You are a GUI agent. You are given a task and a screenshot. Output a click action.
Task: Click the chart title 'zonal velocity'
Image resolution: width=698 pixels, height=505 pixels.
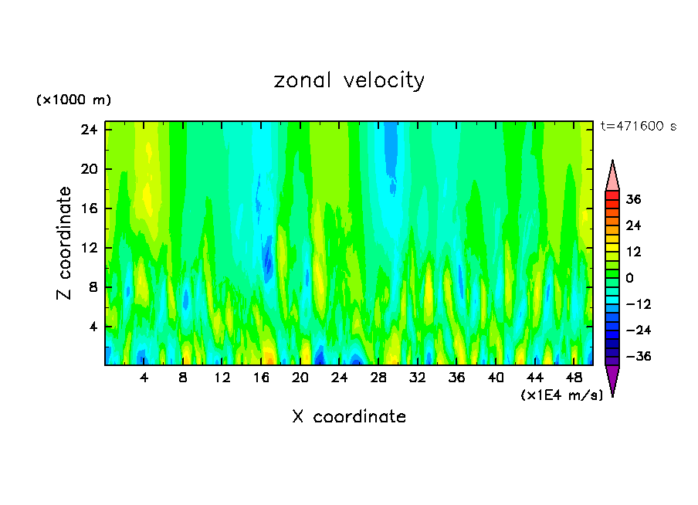click(x=349, y=80)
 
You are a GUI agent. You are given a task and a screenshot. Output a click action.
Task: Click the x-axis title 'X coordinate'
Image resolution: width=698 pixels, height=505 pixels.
click(x=349, y=417)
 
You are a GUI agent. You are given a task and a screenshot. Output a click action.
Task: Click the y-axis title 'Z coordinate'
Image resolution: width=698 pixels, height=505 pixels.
click(x=65, y=243)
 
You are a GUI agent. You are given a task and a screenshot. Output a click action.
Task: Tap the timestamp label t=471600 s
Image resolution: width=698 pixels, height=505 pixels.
click(x=638, y=127)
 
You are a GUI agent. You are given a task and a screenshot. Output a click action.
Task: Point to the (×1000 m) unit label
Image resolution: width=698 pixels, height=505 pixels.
click(x=74, y=100)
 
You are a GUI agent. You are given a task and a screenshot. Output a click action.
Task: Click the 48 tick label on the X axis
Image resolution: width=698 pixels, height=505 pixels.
click(x=574, y=378)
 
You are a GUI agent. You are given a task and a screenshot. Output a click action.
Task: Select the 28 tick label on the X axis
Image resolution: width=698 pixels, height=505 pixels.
click(x=378, y=378)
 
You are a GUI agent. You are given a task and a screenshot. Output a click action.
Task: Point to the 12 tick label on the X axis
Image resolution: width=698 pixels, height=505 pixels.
click(x=222, y=378)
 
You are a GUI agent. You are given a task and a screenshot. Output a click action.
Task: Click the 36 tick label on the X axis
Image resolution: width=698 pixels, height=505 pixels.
click(x=457, y=378)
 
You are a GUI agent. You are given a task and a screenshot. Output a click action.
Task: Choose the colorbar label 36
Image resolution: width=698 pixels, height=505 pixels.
click(x=633, y=199)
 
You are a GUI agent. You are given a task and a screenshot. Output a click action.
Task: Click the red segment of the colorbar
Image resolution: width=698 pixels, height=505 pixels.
click(x=612, y=197)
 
